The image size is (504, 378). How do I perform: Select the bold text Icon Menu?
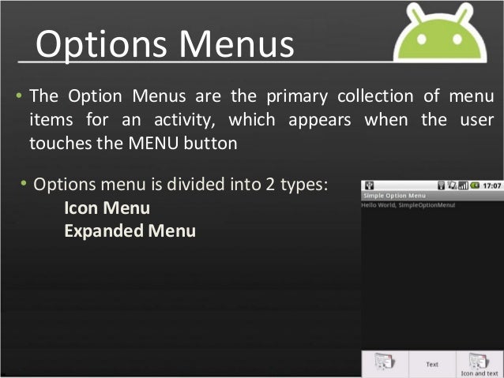pyautogui.click(x=107, y=209)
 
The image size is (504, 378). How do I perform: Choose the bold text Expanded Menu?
pyautogui.click(x=130, y=231)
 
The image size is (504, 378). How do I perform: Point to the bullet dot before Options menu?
pyautogui.click(x=24, y=185)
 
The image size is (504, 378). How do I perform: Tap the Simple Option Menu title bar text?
pyautogui.click(x=393, y=195)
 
